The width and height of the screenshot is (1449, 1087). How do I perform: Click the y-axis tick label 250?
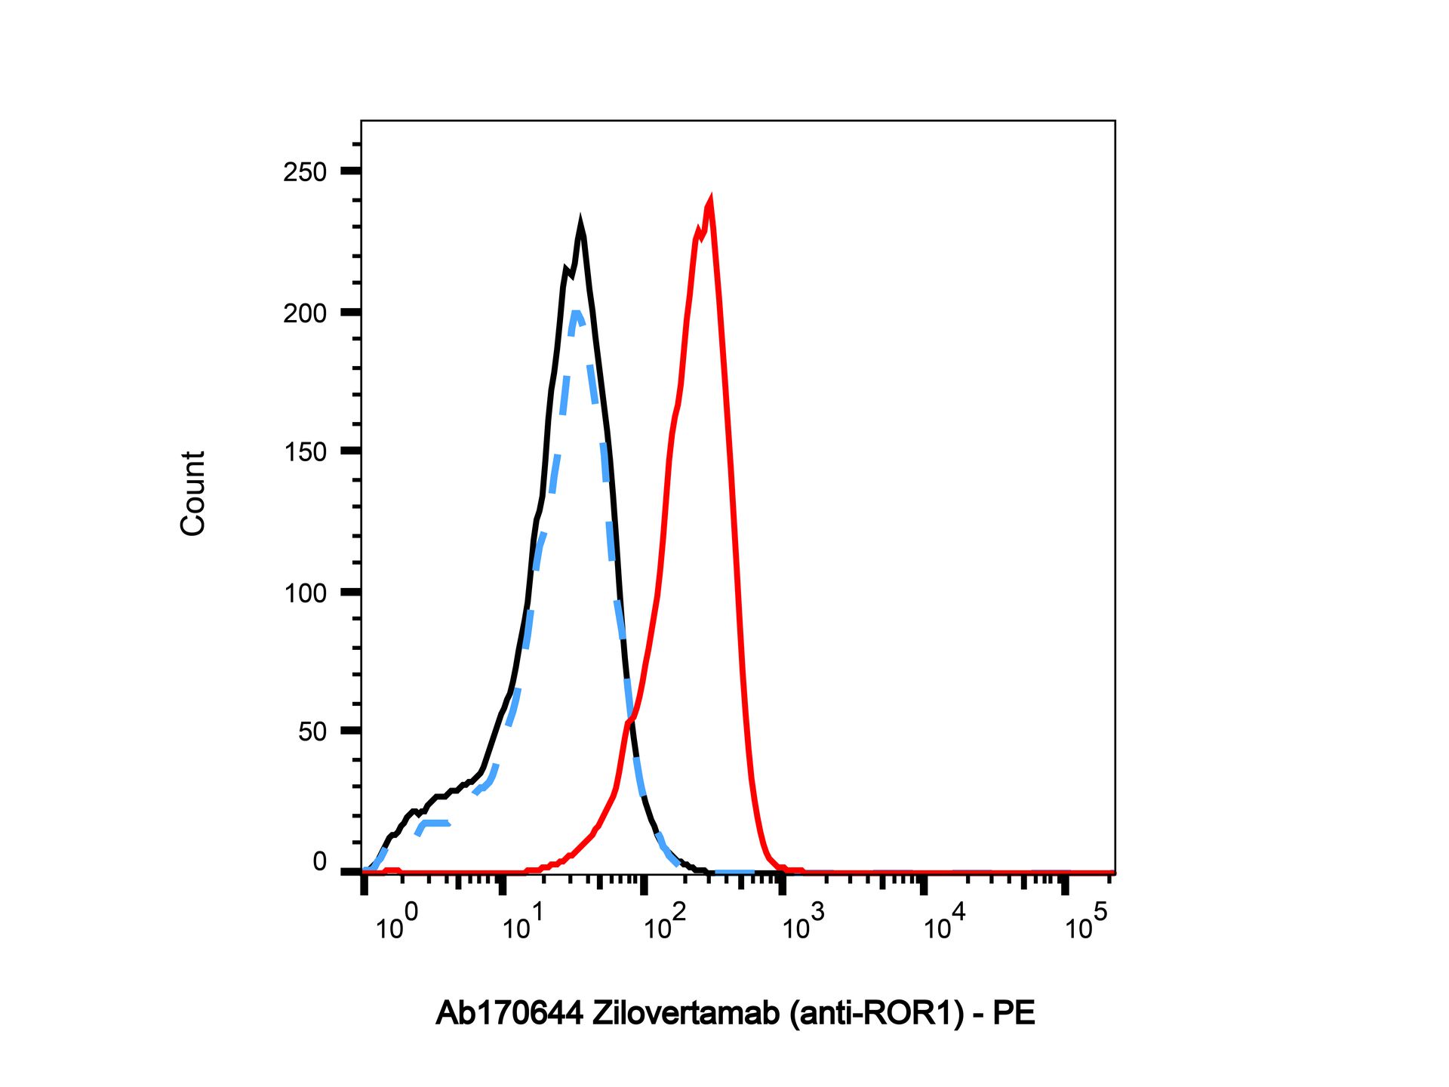[x=305, y=172]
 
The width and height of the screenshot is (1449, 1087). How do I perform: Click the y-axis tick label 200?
[x=305, y=313]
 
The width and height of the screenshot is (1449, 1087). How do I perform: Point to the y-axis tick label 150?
[x=305, y=452]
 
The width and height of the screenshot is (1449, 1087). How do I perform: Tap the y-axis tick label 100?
[x=305, y=593]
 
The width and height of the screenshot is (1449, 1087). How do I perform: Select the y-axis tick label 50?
[x=312, y=731]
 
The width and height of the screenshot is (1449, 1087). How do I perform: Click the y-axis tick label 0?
[x=319, y=861]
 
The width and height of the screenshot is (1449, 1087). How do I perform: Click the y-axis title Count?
[x=193, y=494]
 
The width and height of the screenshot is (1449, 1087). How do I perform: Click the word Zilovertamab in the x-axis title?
[x=685, y=1013]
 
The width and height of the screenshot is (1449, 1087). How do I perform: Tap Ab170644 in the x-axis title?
[x=509, y=1013]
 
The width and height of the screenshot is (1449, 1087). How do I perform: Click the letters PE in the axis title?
[x=1014, y=1013]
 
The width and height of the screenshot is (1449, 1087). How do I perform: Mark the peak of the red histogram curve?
[x=709, y=201]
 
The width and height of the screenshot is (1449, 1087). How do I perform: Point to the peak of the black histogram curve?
[x=580, y=223]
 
